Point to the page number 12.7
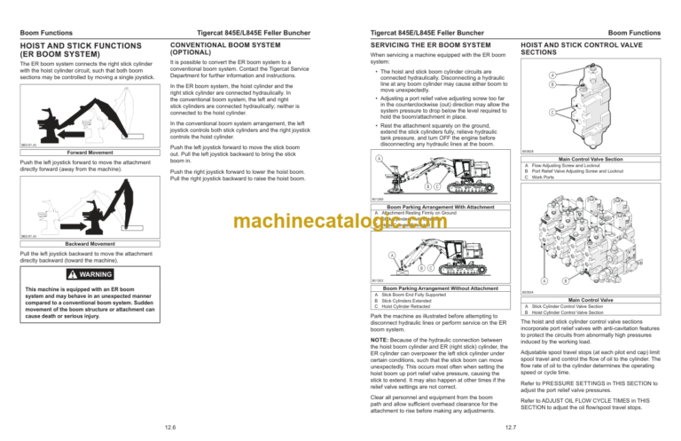point(506,427)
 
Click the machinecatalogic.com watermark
point(340,221)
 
